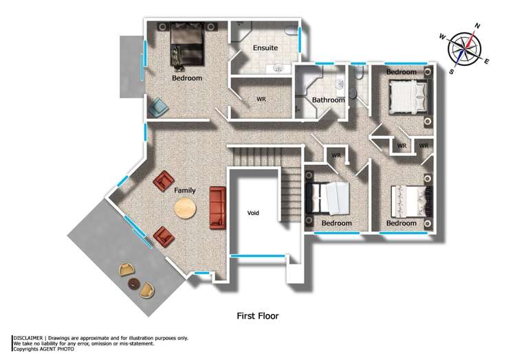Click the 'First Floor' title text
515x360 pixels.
click(257, 316)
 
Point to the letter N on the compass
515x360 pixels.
click(477, 26)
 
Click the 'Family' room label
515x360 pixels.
click(184, 190)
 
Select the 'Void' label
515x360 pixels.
click(253, 213)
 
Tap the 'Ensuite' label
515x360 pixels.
click(265, 48)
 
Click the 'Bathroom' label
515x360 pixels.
click(328, 100)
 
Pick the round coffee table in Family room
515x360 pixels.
click(184, 208)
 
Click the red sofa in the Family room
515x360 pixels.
click(217, 207)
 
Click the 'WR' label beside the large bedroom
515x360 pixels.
click(261, 100)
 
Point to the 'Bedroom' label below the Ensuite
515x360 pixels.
click(187, 78)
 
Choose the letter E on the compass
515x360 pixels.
click(487, 62)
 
